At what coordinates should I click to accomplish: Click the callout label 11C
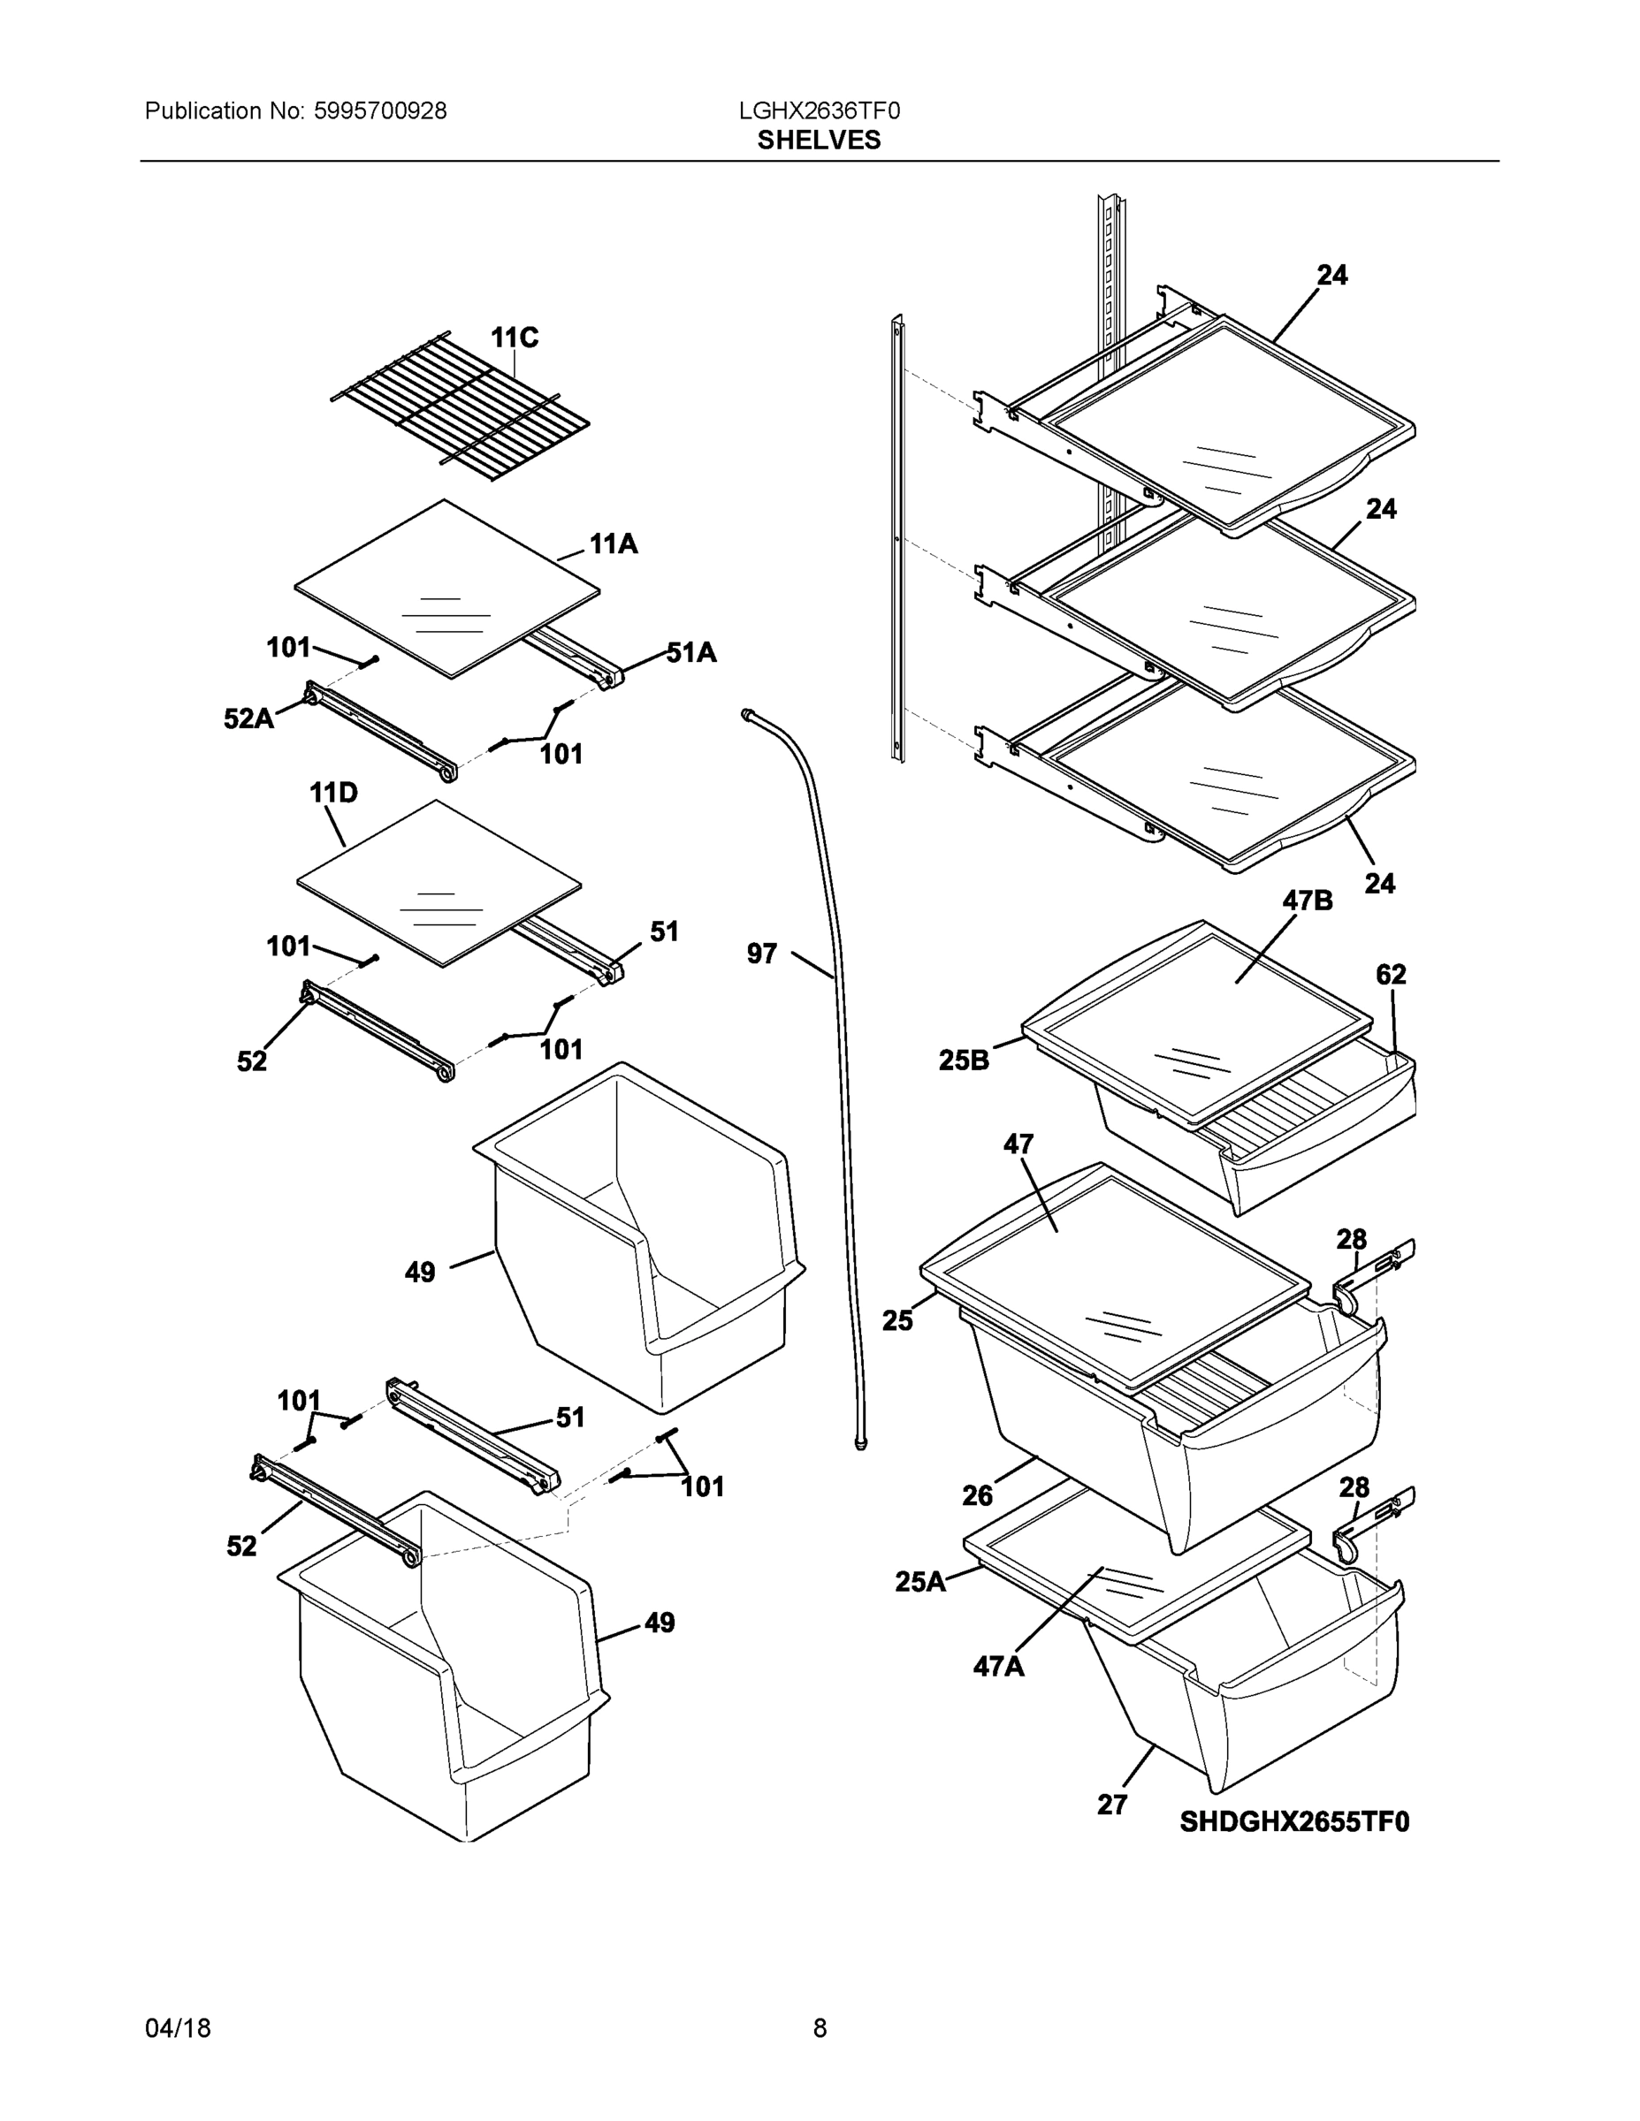coord(514,338)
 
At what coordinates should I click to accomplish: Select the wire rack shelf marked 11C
coord(460,408)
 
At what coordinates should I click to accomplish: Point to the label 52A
coord(248,718)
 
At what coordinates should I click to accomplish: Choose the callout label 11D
coord(333,793)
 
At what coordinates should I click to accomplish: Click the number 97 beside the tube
coord(762,954)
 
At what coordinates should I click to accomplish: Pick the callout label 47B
coord(1307,901)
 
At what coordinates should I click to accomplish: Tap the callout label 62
coord(1391,974)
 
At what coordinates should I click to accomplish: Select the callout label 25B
coord(964,1060)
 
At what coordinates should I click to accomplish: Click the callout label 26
coord(978,1495)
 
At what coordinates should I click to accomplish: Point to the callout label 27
coord(1112,1805)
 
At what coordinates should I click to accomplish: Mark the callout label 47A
coord(999,1667)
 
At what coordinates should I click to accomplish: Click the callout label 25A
coord(920,1582)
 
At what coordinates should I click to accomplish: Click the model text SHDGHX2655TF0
coord(1294,1822)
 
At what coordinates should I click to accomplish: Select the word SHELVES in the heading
coord(819,140)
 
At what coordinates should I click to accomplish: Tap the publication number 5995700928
coord(380,110)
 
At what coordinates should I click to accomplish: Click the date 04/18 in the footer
coord(178,2028)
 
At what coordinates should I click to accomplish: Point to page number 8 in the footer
coord(820,2028)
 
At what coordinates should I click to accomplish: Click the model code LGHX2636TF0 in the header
coord(819,110)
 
